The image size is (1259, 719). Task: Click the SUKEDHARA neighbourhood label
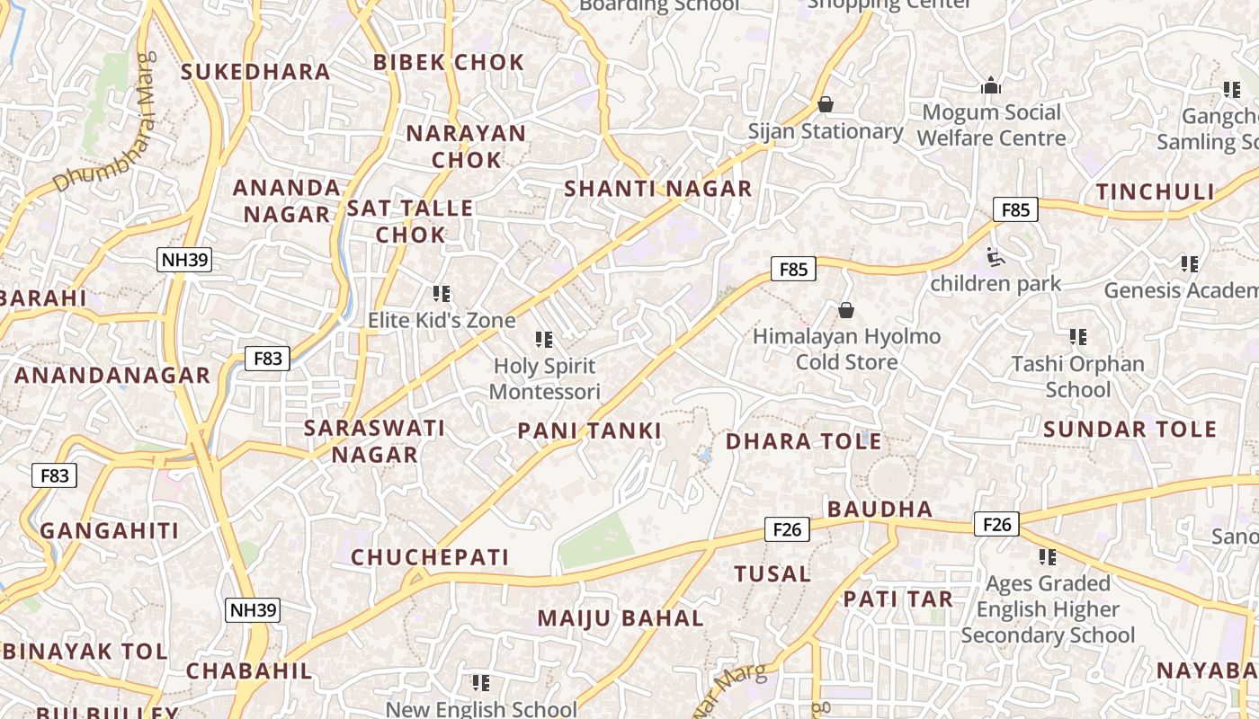256,72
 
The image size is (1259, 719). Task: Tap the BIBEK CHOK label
449,62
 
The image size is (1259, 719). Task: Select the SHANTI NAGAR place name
657,189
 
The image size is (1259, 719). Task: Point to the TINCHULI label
1156,192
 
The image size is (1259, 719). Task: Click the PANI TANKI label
589,431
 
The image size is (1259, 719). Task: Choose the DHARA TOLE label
804,441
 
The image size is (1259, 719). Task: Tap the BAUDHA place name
880,509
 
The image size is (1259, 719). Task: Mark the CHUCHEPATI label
430,557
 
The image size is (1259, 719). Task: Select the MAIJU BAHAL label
621,618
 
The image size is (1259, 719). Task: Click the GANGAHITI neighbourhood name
110,530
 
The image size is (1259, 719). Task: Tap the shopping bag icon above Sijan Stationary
826,105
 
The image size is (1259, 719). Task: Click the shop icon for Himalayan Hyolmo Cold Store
846,310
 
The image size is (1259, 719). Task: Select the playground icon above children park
995,258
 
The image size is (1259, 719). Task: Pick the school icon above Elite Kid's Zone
442,293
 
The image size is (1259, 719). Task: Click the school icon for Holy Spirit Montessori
544,339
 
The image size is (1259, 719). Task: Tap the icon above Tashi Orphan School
1078,337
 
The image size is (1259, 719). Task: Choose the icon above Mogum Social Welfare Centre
991,86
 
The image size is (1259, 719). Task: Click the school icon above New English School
481,683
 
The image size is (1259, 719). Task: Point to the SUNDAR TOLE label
1130,429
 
